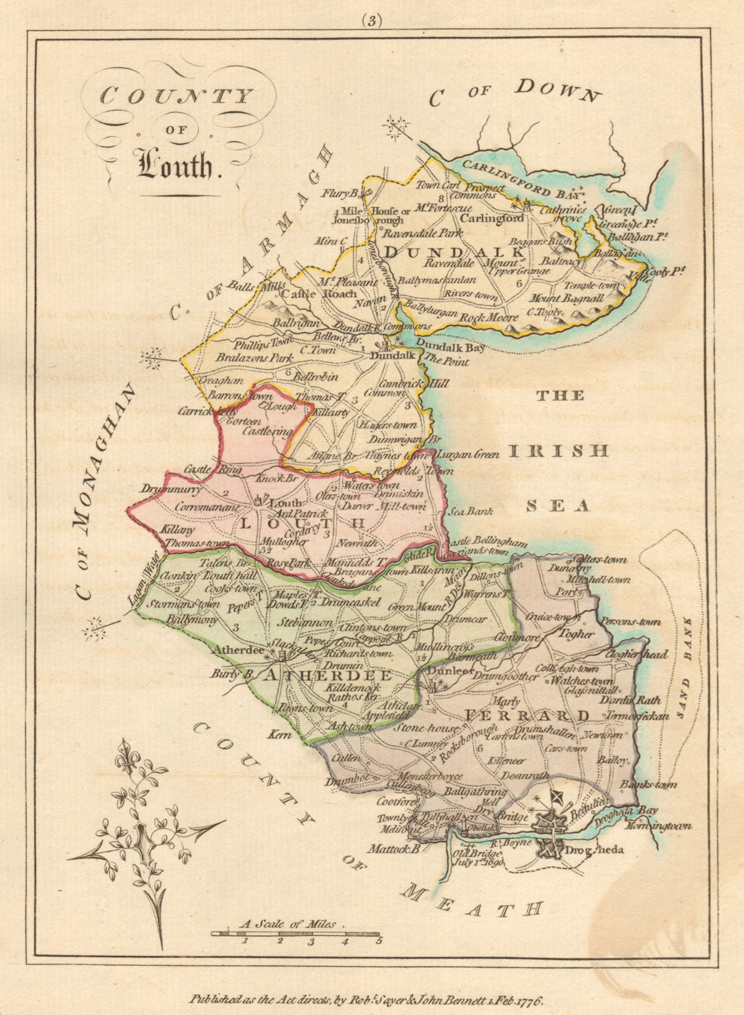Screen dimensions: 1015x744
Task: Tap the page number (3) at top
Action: pos(371,21)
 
